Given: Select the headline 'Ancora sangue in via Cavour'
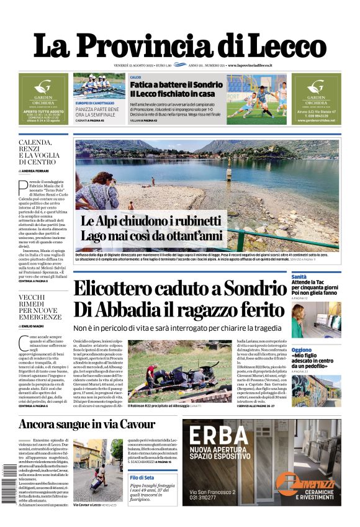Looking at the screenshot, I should (86, 425).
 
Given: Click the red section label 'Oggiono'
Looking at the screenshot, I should (302, 349).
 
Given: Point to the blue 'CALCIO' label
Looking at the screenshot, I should (135, 78).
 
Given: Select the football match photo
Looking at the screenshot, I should (256, 100).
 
